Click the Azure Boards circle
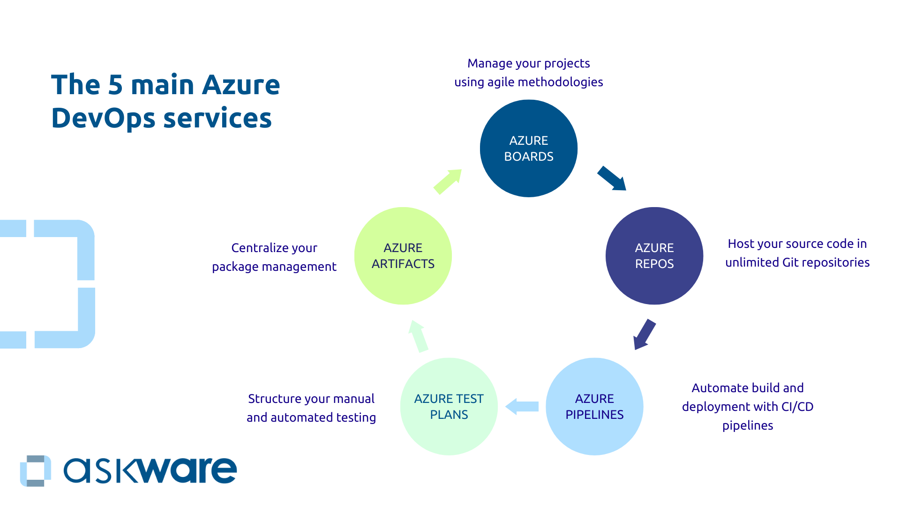528,149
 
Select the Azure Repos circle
654,256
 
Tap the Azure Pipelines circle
594,407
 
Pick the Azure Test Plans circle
449,407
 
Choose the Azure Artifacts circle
403,256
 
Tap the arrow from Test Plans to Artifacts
418,336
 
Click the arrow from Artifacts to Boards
448,181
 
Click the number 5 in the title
115,85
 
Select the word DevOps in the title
103,119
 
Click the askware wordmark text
150,470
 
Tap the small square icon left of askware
36,470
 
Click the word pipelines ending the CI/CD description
747,425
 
